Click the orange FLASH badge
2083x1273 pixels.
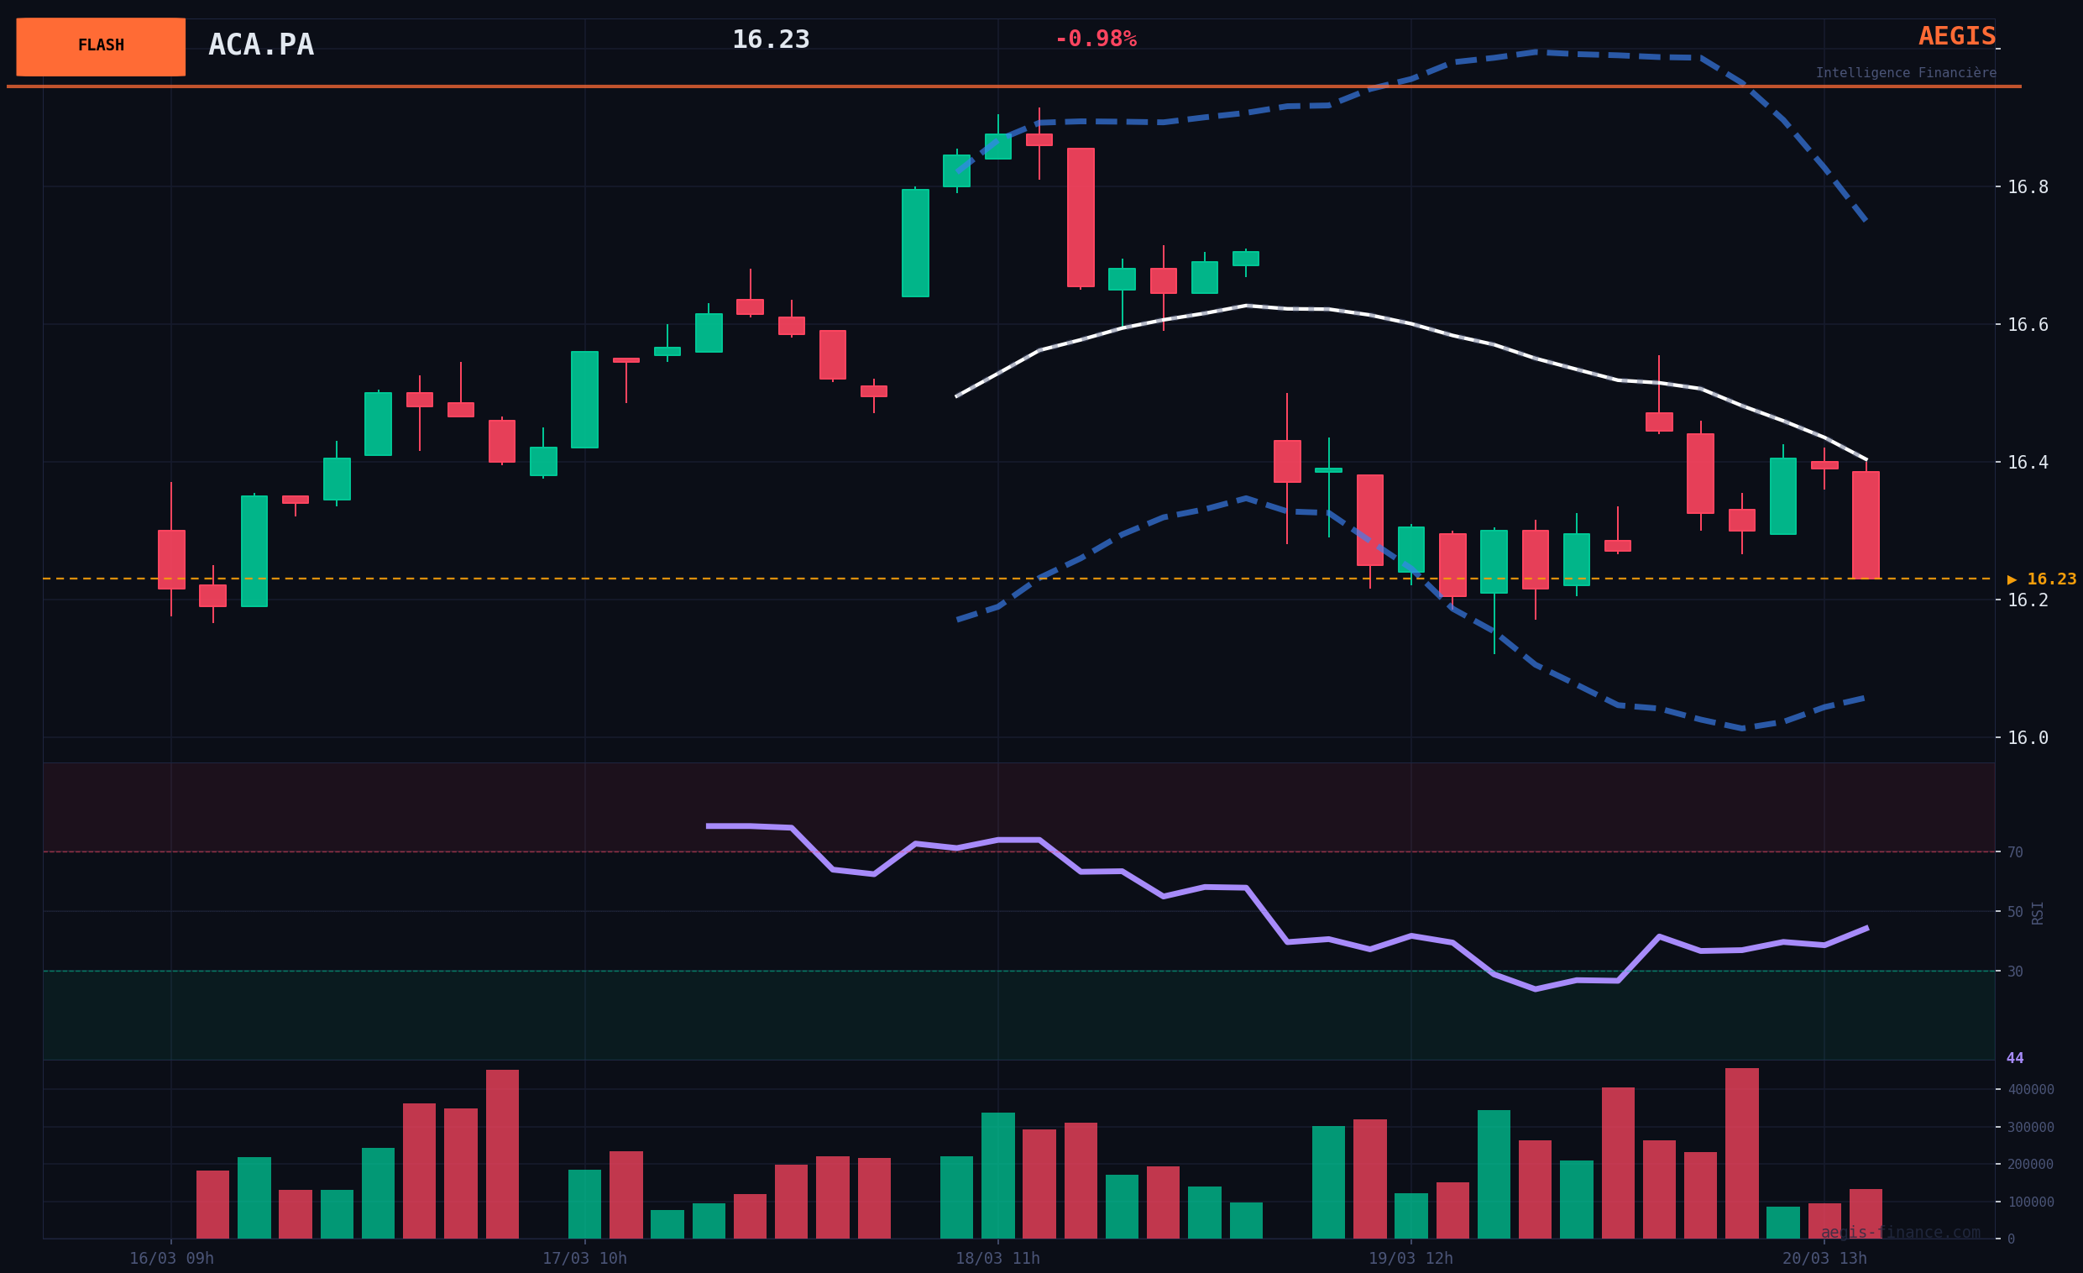click(x=101, y=46)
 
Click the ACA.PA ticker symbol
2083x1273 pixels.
click(x=260, y=45)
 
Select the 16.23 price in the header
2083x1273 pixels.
click(x=770, y=39)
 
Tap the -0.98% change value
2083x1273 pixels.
click(x=1095, y=39)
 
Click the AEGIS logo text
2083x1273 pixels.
click(x=1956, y=37)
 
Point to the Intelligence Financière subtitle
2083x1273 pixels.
click(x=1906, y=74)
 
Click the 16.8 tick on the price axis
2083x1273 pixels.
click(x=2028, y=187)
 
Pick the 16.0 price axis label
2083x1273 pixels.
click(x=2028, y=739)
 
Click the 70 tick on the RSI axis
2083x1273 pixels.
click(x=2015, y=853)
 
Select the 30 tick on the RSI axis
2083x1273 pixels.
click(x=2015, y=972)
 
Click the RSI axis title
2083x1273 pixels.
click(x=2038, y=913)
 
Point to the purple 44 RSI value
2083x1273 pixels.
click(x=2015, y=1058)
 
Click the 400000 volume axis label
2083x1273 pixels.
click(x=2031, y=1090)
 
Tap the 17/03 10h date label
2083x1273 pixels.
click(x=584, y=1259)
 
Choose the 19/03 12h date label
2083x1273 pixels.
click(x=1410, y=1259)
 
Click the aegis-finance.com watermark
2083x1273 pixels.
click(x=1901, y=1234)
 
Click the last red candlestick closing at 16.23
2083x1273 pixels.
click(x=1866, y=525)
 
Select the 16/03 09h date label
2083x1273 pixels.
click(x=170, y=1259)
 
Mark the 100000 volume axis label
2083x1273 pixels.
click(x=2031, y=1202)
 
